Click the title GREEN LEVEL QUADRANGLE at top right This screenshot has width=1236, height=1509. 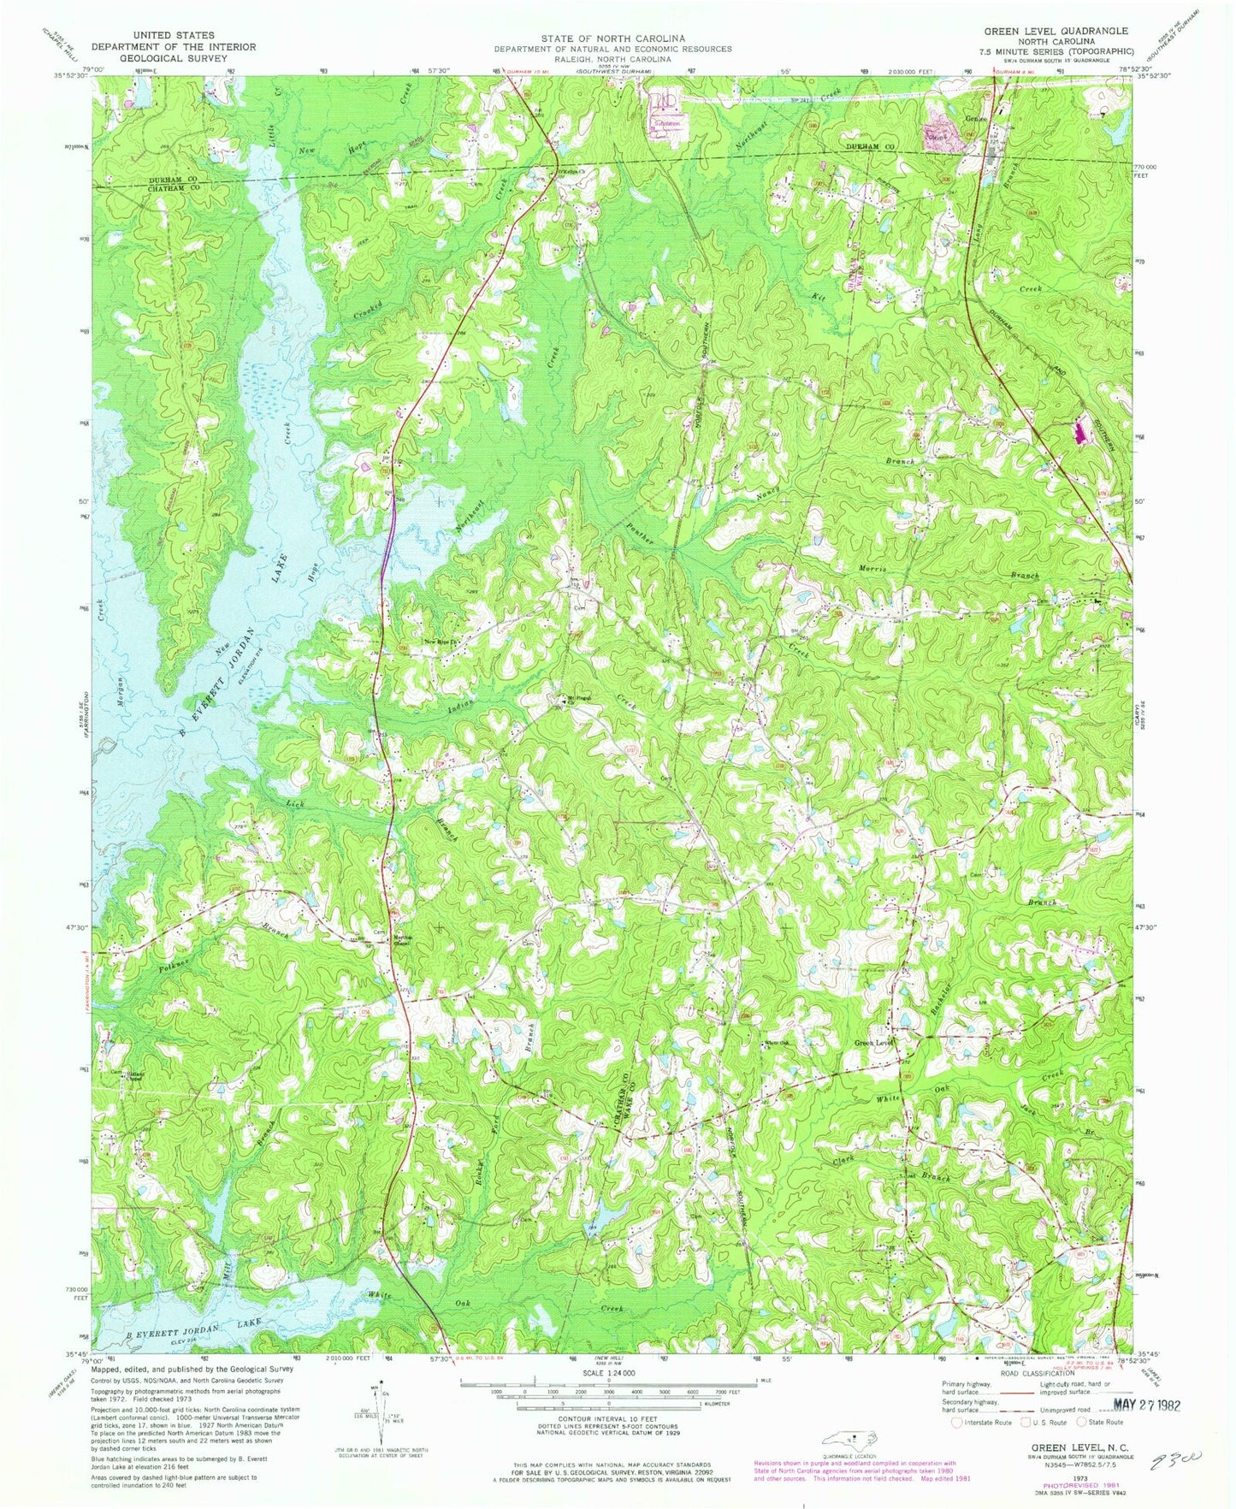(x=1057, y=31)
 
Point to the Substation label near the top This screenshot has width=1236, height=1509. (x=667, y=123)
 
